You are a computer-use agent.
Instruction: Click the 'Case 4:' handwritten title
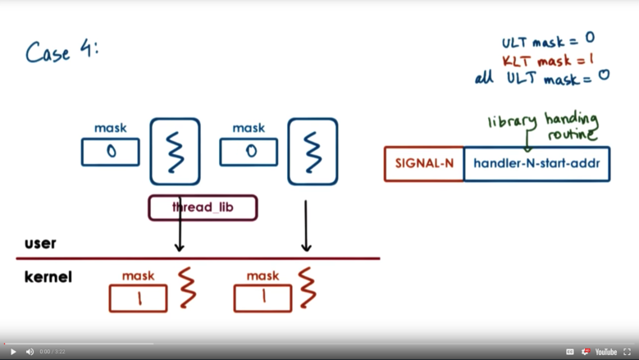62,51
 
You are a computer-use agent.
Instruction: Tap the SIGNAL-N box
423,164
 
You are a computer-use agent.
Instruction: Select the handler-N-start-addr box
536,164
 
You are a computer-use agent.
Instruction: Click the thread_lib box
203,207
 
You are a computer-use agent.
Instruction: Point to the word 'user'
40,244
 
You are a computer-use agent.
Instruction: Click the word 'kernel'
48,277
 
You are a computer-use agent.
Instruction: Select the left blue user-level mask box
110,152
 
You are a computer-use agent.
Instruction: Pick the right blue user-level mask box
249,152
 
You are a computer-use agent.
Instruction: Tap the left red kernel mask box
138,298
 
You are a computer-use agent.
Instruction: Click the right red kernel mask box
262,298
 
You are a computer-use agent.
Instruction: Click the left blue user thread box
175,152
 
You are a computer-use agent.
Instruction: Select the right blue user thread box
313,152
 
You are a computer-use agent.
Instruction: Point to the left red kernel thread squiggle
188,288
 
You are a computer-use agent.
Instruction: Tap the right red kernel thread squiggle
308,288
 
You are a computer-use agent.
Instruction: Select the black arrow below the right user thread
306,226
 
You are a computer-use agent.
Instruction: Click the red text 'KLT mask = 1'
547,60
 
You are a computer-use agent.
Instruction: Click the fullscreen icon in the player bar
628,352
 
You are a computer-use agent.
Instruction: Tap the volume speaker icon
30,352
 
